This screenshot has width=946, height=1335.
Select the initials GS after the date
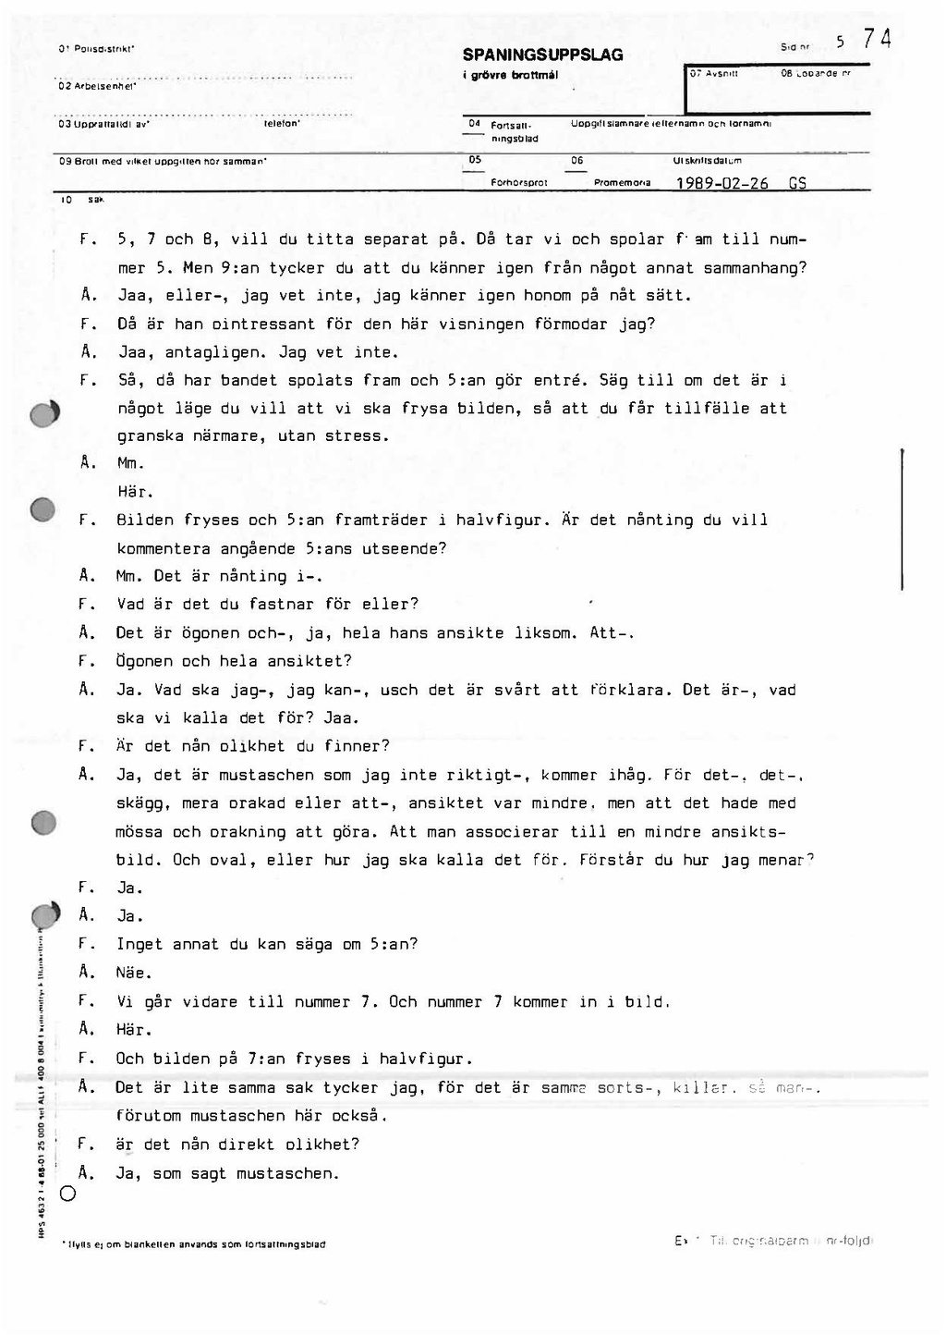pyautogui.click(x=797, y=183)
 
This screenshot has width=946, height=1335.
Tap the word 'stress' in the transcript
pyautogui.click(x=356, y=436)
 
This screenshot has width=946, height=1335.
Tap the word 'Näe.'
pyautogui.click(x=133, y=973)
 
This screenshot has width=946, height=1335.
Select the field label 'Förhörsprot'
pyautogui.click(x=520, y=183)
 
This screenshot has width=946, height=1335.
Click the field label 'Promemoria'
pyautogui.click(x=622, y=183)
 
